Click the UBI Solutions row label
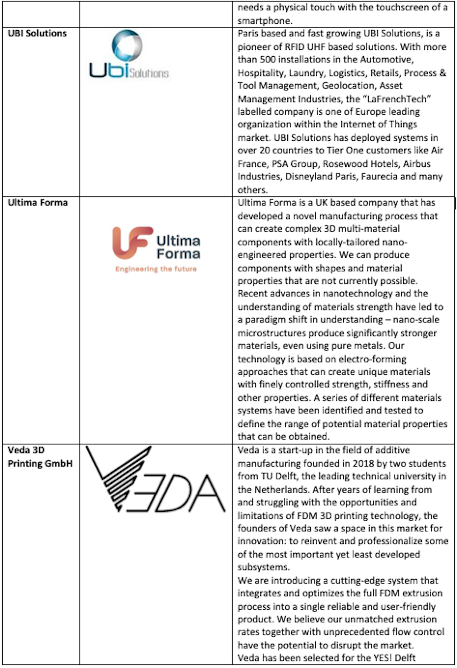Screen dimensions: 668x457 coord(37,33)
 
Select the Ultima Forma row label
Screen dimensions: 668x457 coord(38,203)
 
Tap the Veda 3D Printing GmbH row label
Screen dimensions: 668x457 coord(40,457)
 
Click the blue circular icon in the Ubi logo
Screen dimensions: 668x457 coord(127,45)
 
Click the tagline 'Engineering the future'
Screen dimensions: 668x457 coord(156,269)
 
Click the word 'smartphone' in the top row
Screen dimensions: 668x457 coord(264,21)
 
